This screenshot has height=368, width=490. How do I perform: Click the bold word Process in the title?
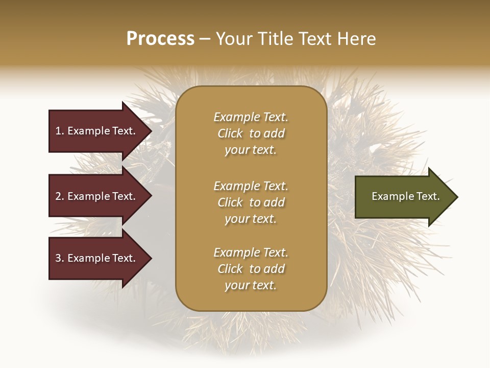160,39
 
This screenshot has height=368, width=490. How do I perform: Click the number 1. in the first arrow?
60,131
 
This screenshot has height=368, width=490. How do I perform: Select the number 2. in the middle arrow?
60,196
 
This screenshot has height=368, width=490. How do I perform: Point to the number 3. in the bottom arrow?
60,258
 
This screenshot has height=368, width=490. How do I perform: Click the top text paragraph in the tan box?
251,133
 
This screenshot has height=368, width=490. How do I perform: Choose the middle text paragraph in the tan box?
251,202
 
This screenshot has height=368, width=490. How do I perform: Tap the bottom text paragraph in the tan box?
251,269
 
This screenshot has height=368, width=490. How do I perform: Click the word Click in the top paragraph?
230,133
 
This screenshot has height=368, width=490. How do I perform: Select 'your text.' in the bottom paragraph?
251,285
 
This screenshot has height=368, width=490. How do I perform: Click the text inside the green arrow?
405,196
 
